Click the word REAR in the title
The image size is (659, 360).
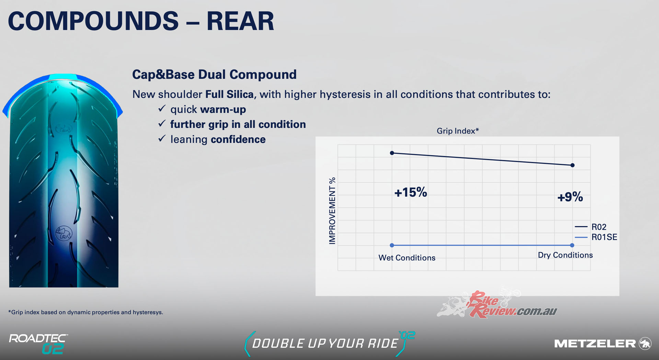[240, 21]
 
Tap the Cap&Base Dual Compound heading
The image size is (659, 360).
[215, 74]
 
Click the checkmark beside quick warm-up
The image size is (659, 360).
[162, 109]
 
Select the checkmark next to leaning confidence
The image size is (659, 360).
[162, 139]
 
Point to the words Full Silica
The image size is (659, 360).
[229, 94]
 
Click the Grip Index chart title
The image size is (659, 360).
[458, 131]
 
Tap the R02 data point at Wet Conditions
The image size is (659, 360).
[392, 153]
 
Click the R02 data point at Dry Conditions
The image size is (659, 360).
[572, 165]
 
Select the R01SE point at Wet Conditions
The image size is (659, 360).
[392, 245]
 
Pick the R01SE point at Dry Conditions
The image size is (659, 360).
[572, 245]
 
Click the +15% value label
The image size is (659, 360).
[411, 192]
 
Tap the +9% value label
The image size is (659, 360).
[570, 197]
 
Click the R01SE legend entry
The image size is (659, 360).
[596, 237]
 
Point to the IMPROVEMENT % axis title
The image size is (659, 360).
[332, 211]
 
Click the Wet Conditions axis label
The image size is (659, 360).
[407, 258]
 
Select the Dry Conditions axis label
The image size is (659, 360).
[565, 255]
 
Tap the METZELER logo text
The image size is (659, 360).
[595, 344]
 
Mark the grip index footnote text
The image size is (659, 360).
[85, 312]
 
